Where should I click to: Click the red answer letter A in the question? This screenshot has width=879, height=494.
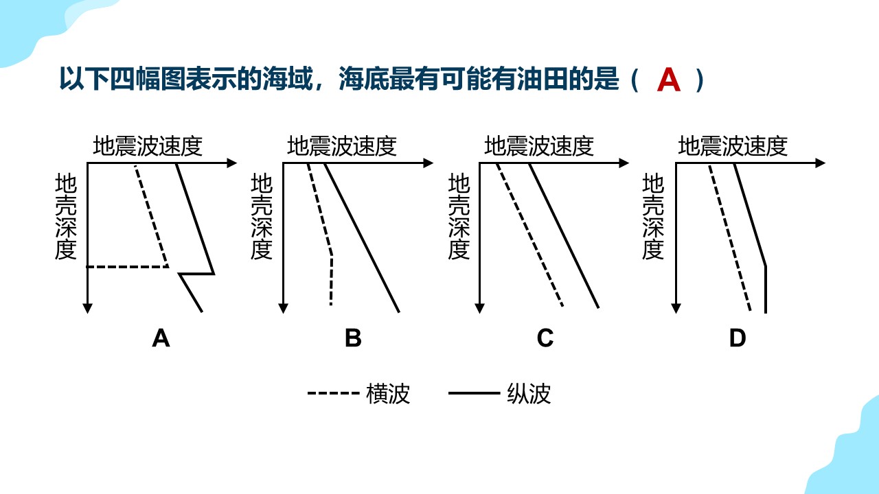pos(668,80)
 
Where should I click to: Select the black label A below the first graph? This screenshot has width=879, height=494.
pos(161,338)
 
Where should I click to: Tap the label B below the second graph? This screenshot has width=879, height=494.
pos(353,338)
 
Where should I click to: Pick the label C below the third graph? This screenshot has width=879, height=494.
pos(545,338)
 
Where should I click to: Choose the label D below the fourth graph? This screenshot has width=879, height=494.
pos(738,338)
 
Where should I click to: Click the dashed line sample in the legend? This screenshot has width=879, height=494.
pos(334,393)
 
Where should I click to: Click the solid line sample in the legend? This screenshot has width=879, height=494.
pos(474,393)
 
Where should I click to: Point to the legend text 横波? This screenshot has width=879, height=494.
pos(388,394)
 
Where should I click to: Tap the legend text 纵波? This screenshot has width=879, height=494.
pos(529,394)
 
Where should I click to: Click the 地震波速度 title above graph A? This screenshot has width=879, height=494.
pos(148,146)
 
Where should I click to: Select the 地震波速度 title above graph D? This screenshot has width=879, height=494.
pos(733,146)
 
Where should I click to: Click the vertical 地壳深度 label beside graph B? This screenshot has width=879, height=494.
pos(262,216)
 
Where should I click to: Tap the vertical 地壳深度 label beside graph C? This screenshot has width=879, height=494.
pos(459,216)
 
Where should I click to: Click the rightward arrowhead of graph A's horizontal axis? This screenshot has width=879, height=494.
pos(232,163)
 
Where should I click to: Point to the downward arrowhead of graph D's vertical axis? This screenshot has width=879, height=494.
pos(676,309)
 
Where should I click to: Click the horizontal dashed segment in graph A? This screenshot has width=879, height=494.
pos(128,267)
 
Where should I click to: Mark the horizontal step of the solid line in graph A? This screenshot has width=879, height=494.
pos(196,273)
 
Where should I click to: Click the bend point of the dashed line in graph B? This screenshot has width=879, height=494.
pos(332,256)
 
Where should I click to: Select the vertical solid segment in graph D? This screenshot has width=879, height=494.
pos(766,290)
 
